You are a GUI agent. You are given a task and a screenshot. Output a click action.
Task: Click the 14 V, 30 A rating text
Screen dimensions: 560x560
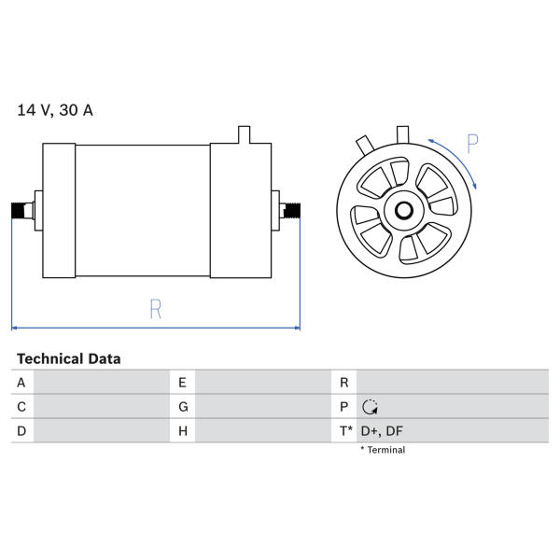(x=55, y=110)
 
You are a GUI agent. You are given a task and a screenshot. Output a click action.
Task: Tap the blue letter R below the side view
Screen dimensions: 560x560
(x=155, y=309)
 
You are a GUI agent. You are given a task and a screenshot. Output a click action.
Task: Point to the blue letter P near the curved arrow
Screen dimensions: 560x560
(x=472, y=144)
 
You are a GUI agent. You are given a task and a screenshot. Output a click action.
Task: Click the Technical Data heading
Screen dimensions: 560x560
(x=68, y=359)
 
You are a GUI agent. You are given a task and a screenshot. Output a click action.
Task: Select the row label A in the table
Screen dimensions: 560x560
(x=21, y=383)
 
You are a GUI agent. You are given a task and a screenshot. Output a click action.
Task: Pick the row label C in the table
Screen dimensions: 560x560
(x=21, y=407)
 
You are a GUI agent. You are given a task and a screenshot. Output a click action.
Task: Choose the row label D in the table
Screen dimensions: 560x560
(x=21, y=431)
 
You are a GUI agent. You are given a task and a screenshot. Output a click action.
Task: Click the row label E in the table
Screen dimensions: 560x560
(x=182, y=383)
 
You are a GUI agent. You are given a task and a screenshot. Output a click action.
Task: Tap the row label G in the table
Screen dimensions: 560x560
(x=183, y=407)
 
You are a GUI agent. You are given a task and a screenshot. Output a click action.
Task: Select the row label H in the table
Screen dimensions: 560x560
(x=183, y=431)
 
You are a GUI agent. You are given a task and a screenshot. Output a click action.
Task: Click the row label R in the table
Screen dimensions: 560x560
(x=343, y=383)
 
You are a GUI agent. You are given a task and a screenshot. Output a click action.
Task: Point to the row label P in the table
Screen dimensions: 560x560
(x=343, y=407)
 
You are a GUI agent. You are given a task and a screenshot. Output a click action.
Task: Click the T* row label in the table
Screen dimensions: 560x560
(x=345, y=431)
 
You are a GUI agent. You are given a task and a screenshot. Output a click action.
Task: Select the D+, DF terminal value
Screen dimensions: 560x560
(x=382, y=431)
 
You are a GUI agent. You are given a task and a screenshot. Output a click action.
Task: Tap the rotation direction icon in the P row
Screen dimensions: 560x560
(x=370, y=407)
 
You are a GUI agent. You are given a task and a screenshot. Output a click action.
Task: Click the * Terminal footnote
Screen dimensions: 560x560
(x=383, y=450)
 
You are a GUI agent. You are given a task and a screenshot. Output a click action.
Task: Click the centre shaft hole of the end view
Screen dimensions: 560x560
(x=404, y=210)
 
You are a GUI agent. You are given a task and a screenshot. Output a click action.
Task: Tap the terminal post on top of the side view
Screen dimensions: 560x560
(x=244, y=134)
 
